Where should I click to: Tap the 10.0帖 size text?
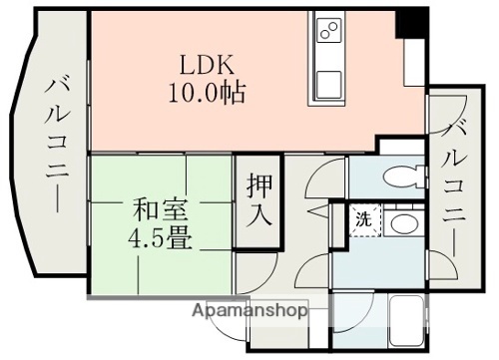(x=207, y=95)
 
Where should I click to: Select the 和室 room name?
(x=158, y=210)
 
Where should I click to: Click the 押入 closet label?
(x=258, y=198)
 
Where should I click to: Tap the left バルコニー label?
(x=55, y=146)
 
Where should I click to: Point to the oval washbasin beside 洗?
(x=403, y=223)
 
